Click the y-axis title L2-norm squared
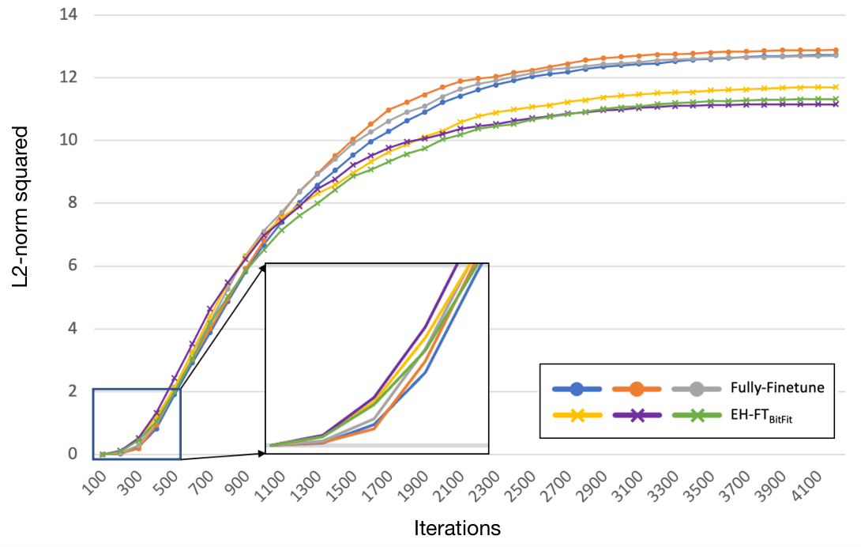(21, 206)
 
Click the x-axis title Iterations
(457, 528)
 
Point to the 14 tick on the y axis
(69, 14)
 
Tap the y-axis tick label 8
(73, 203)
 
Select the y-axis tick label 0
(73, 454)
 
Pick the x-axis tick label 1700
(378, 485)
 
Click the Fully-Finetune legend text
(777, 387)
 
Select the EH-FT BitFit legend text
(761, 416)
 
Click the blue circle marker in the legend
(577, 389)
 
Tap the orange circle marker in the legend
(637, 389)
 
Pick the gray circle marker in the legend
(696, 389)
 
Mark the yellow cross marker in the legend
(577, 416)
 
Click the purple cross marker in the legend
(637, 416)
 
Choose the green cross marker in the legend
(696, 416)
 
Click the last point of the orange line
(835, 50)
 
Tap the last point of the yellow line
(835, 87)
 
